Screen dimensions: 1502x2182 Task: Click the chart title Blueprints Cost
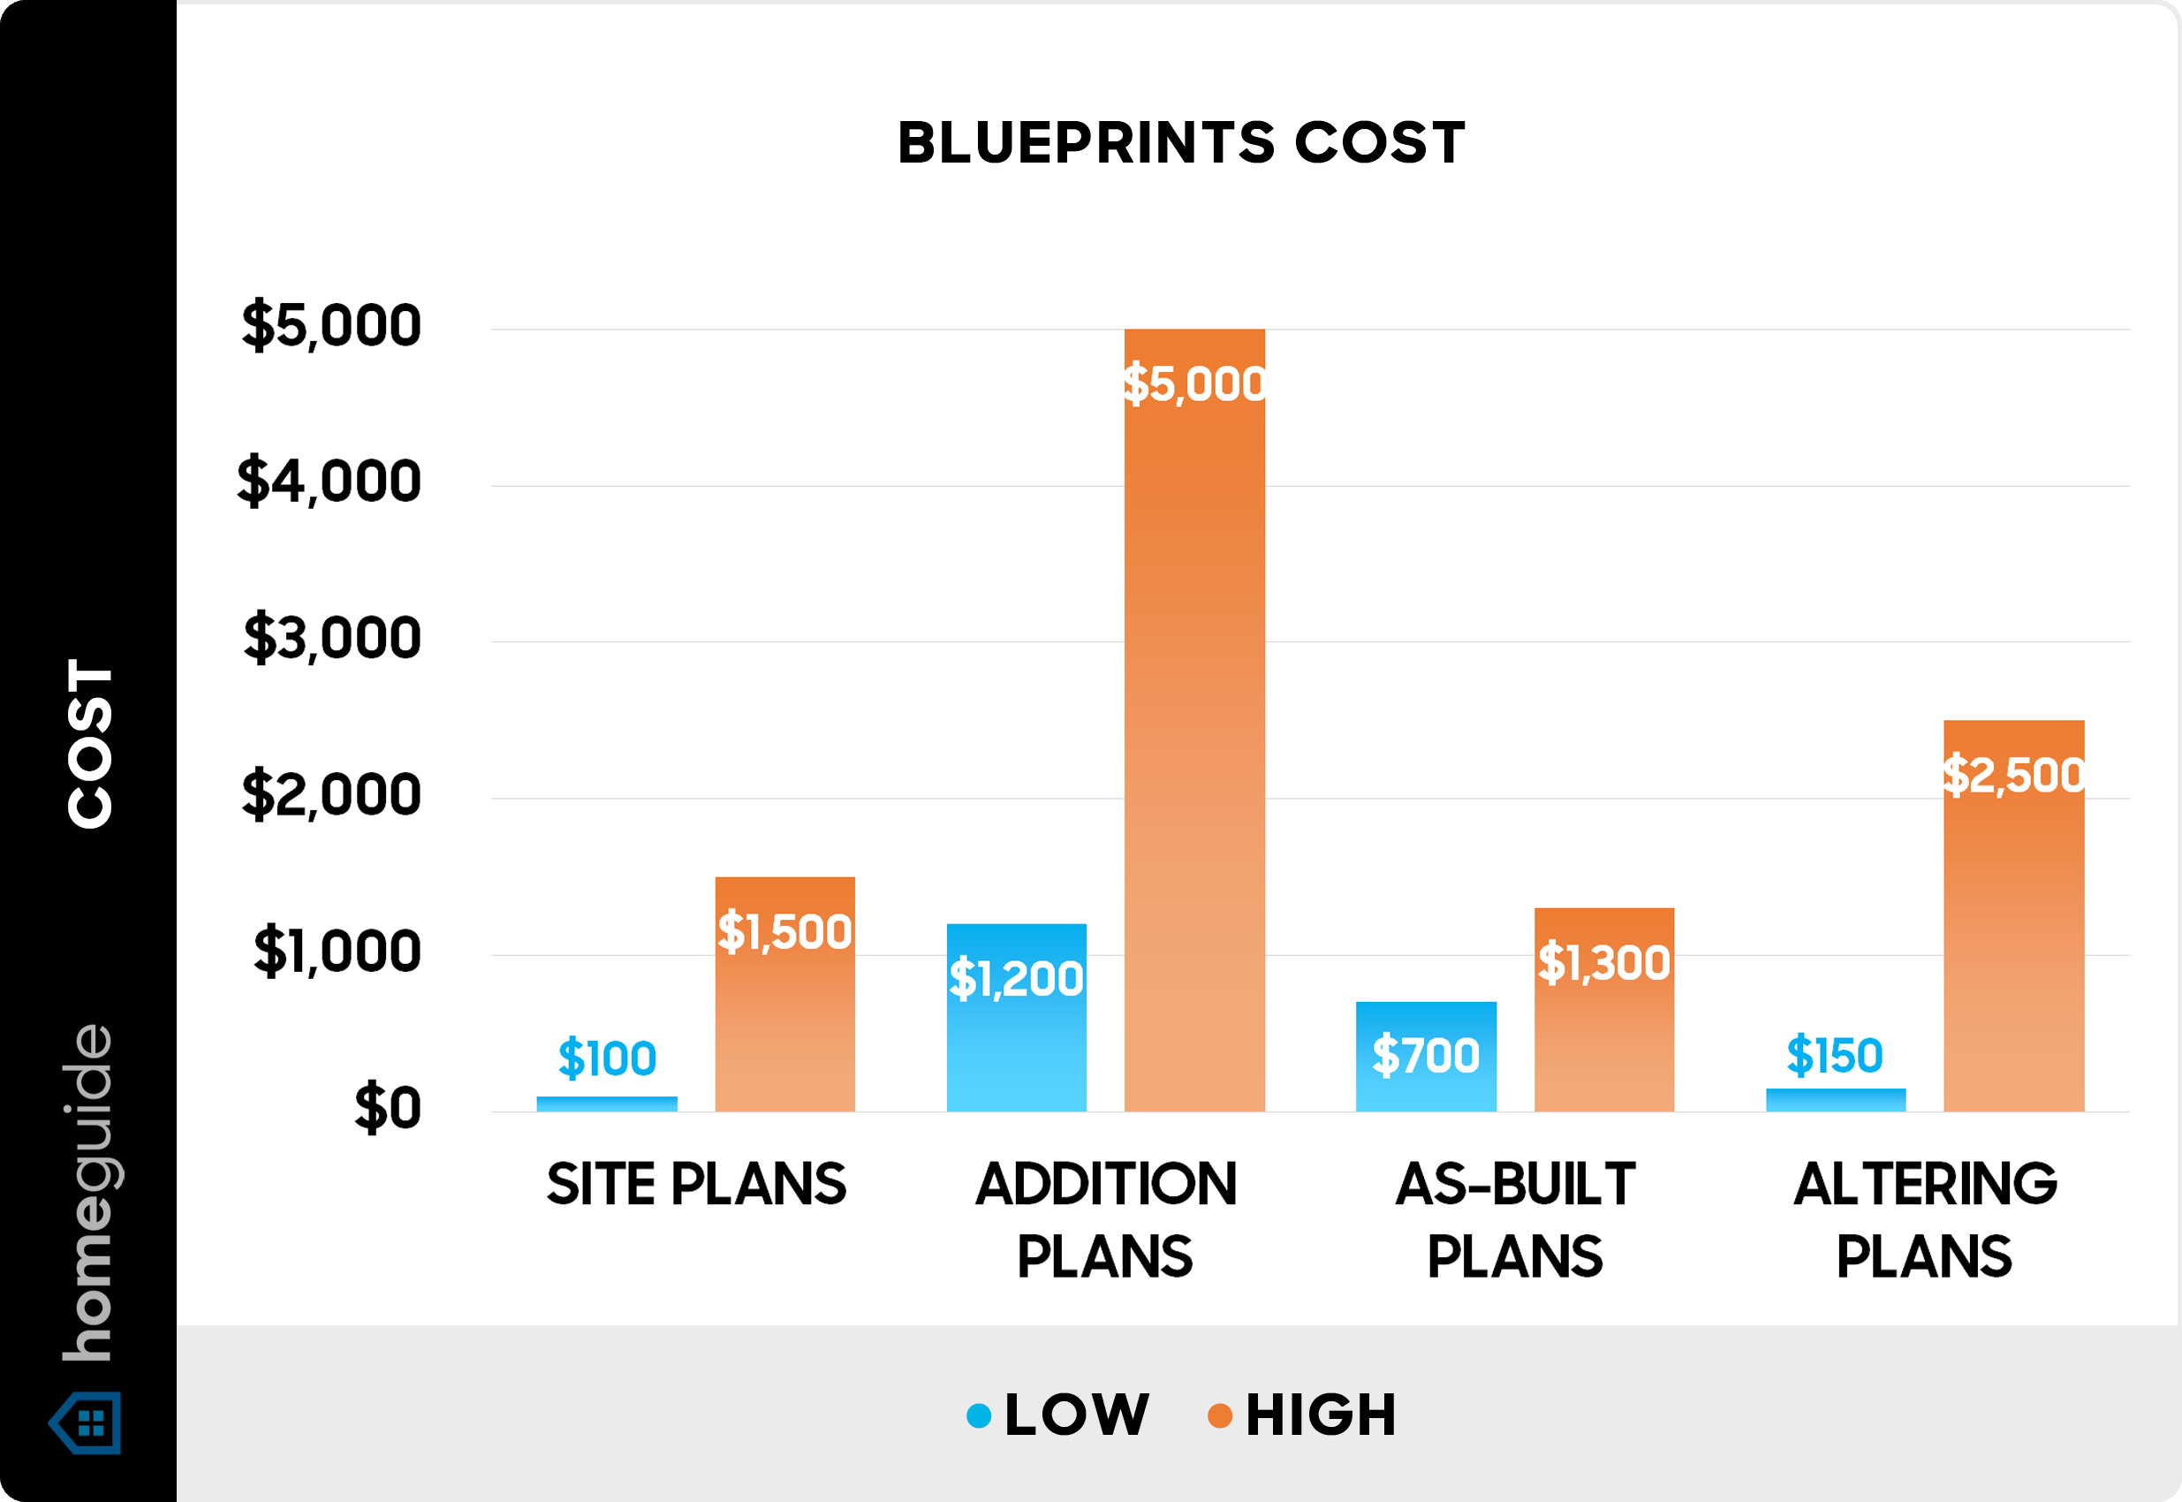pos(1181,143)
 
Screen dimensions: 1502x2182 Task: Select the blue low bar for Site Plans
pos(607,1103)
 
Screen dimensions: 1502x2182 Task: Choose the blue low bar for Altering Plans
pos(1835,1099)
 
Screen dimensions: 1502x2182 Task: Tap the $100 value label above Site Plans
pos(607,1058)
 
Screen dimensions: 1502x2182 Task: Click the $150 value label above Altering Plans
pos(1835,1055)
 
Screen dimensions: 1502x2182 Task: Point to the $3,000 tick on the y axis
pos(332,638)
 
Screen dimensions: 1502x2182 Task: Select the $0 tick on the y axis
pos(387,1108)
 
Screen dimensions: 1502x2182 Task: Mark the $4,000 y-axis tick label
pos(330,482)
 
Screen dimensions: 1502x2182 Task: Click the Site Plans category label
pos(696,1184)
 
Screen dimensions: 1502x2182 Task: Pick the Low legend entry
pos(1058,1415)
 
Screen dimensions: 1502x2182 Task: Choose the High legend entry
pos(1303,1415)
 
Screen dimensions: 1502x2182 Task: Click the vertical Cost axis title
pos(90,743)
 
